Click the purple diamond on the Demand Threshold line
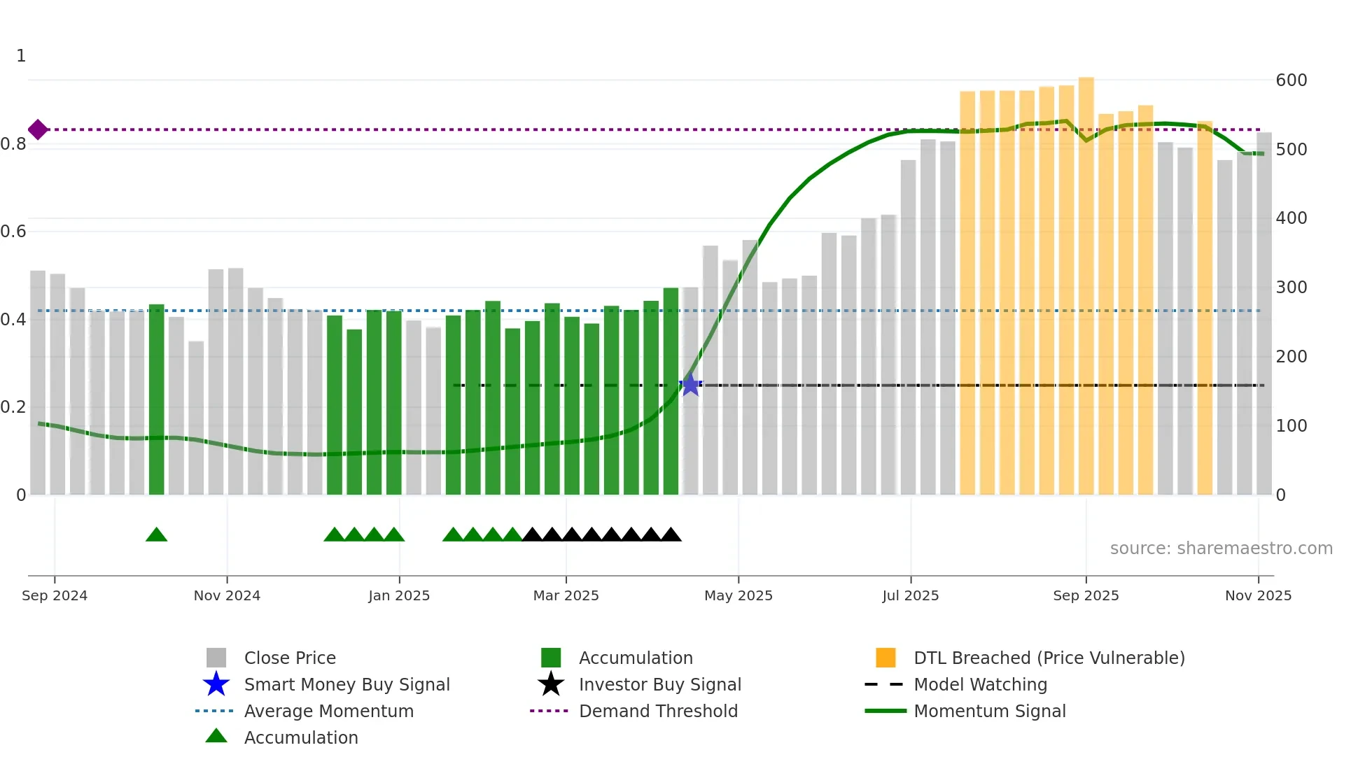click(38, 129)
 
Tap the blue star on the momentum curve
click(690, 385)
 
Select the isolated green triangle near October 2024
click(156, 535)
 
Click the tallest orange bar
click(1086, 280)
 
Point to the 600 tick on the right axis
click(1291, 80)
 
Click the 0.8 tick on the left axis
click(13, 144)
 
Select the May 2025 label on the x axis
click(738, 595)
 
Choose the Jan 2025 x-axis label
click(399, 595)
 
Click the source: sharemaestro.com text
click(1221, 549)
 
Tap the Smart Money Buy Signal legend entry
click(346, 684)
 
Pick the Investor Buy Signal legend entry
click(659, 684)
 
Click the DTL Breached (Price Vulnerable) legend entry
click(1049, 658)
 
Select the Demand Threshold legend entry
click(658, 711)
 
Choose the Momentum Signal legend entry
click(989, 711)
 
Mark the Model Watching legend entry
click(980, 684)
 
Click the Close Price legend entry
click(290, 658)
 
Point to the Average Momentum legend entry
click(328, 711)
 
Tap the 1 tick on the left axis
click(21, 56)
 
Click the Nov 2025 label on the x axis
click(1258, 595)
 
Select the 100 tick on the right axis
click(1291, 426)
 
